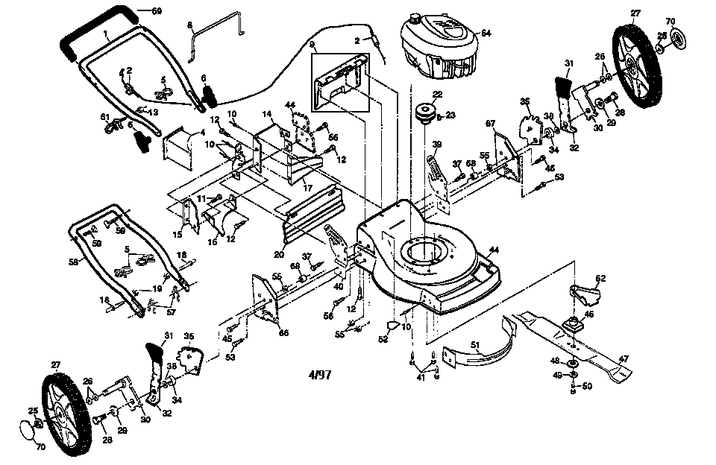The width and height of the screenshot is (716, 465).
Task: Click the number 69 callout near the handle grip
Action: coord(156,10)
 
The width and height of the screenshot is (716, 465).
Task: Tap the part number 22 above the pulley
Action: coord(438,94)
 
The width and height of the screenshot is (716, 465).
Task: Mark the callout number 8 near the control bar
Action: coord(189,25)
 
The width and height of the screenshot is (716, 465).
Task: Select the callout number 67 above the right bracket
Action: coord(490,123)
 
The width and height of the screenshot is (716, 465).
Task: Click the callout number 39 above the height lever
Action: coord(438,144)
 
